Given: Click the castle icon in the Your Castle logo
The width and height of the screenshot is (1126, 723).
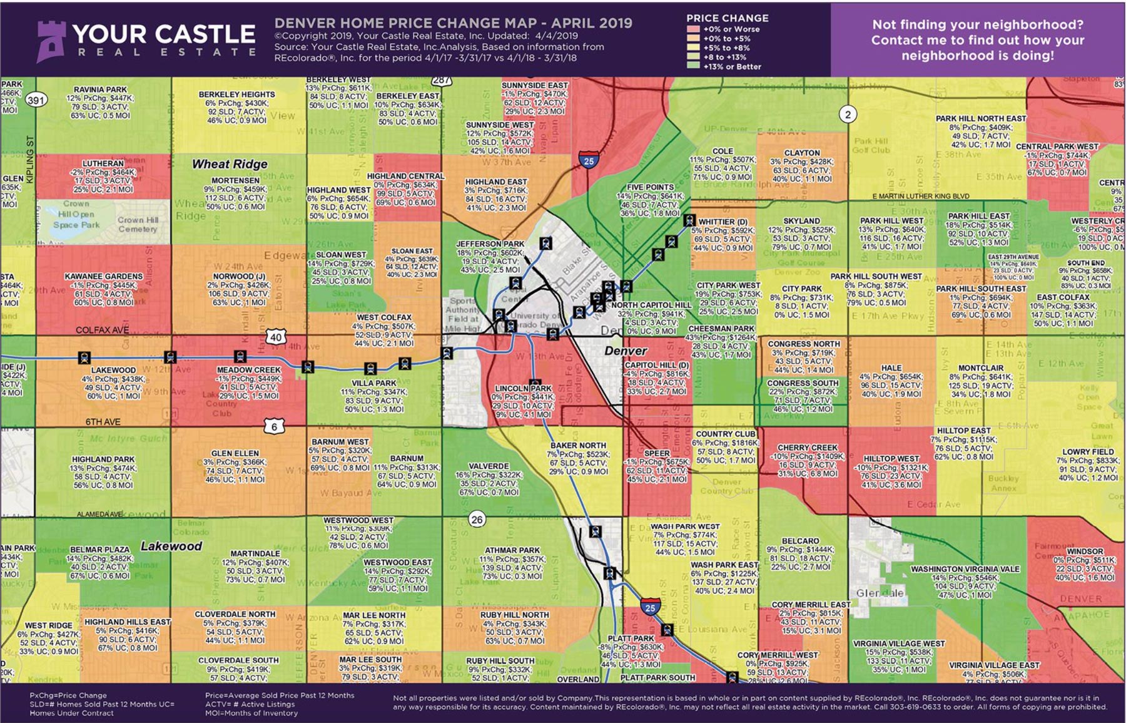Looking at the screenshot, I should coord(51,40).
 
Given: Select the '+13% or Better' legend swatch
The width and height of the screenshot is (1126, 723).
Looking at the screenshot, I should coord(693,66).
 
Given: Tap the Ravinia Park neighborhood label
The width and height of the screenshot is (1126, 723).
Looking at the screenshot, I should coord(100,90).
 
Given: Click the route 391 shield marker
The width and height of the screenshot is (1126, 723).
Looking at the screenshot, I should coord(37,99).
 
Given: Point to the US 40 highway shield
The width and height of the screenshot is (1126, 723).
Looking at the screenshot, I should coord(276,337).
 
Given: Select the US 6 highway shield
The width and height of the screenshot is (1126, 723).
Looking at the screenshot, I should coord(274,427).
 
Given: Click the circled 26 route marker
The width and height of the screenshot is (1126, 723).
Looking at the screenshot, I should coord(477,519).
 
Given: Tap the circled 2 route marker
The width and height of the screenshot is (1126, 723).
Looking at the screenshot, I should coord(848,114).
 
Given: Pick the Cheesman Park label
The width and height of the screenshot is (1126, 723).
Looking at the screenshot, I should coord(721,329).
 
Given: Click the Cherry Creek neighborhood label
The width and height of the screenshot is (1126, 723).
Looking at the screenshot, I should coord(807,448).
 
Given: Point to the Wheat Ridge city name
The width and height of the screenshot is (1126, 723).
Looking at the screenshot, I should coord(230,164).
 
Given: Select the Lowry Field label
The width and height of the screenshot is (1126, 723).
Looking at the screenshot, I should coord(1088,451).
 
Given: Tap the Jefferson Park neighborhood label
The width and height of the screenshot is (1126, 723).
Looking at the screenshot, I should coord(490,244).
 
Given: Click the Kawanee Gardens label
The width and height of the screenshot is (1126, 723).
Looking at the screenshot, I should coord(104,276).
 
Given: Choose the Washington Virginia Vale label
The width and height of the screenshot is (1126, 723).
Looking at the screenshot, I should coord(965,569).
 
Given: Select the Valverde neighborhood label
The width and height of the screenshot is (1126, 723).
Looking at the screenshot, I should coord(489,466).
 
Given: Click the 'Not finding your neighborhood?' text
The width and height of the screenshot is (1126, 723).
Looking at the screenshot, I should coord(978,25).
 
